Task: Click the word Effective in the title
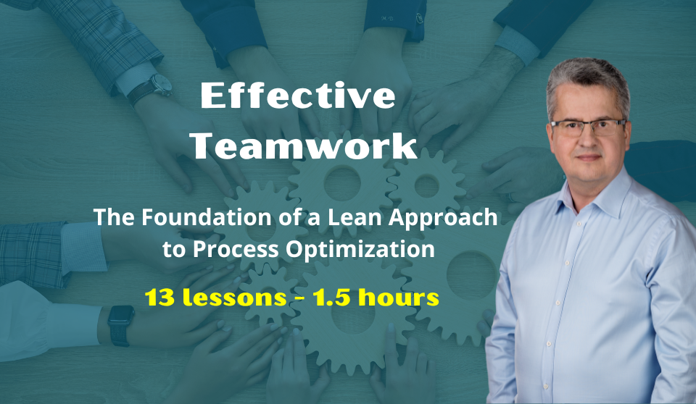click(298, 96)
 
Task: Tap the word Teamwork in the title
click(304, 146)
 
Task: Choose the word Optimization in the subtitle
click(360, 250)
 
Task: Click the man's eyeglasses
click(588, 127)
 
